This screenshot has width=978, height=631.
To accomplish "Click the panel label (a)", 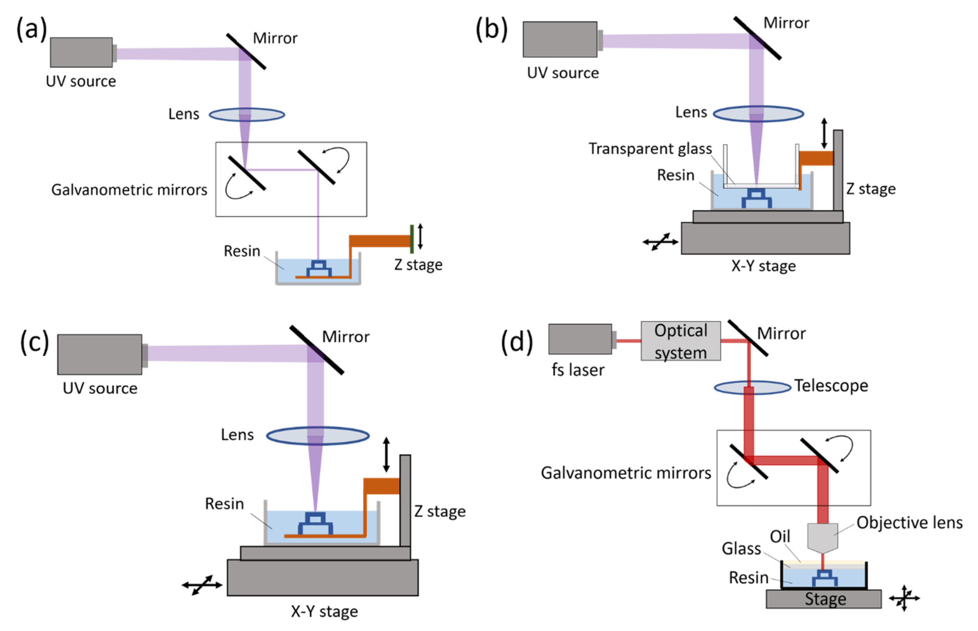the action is (x=32, y=29).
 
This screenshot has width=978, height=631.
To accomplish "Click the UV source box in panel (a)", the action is (x=81, y=53).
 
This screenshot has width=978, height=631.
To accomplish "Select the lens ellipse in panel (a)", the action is (x=247, y=114).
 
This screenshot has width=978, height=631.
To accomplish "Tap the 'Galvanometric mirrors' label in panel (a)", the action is (x=129, y=190).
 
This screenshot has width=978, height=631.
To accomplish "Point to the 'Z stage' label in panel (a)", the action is (x=418, y=265).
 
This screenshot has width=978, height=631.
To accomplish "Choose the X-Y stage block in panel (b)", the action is (x=765, y=238).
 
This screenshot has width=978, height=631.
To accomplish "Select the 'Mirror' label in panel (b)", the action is (x=786, y=23).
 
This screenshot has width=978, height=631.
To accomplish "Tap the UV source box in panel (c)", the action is (x=100, y=354).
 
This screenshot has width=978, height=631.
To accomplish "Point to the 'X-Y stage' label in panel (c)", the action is (x=324, y=611).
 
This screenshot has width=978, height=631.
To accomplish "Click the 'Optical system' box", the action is (x=681, y=341).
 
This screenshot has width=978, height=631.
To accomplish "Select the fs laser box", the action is (x=580, y=339).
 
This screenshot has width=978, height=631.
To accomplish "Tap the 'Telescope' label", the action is (x=831, y=386).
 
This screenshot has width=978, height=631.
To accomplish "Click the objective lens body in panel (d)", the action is (x=822, y=538).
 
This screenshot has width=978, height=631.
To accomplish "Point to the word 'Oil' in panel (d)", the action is (x=780, y=536).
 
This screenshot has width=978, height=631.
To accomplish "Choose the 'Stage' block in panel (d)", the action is (x=824, y=599).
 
